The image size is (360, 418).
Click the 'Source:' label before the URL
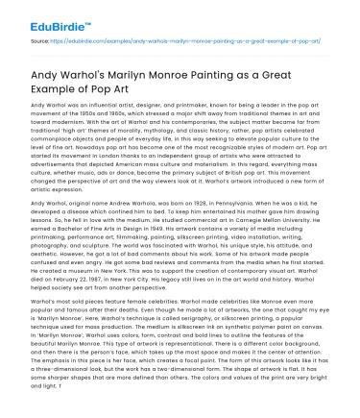(x=42, y=43)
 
